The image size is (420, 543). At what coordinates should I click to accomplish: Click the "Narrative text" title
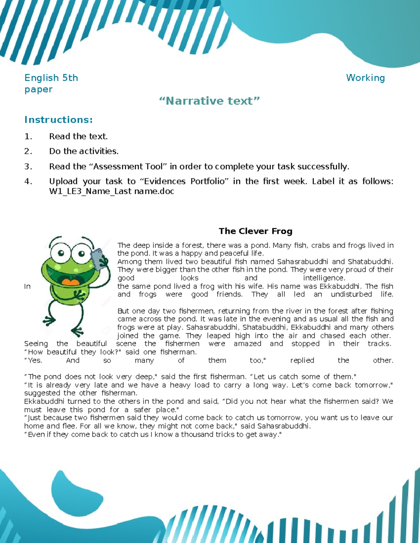pyautogui.click(x=209, y=101)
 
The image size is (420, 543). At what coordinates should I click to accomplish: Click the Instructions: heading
pyautogui.click(x=58, y=120)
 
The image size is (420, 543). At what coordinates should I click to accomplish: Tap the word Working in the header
pyautogui.click(x=365, y=78)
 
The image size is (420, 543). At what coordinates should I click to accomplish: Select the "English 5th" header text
pyautogui.click(x=51, y=78)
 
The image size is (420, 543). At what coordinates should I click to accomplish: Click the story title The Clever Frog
pyautogui.click(x=255, y=231)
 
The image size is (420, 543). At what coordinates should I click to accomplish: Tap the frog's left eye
pyautogui.click(x=60, y=252)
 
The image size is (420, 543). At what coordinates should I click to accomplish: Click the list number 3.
pyautogui.click(x=28, y=167)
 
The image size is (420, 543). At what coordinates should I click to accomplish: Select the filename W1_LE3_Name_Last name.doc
pyautogui.click(x=112, y=192)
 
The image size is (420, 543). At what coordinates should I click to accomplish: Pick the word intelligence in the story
pyautogui.click(x=324, y=278)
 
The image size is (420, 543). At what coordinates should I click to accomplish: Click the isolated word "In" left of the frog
pyautogui.click(x=27, y=287)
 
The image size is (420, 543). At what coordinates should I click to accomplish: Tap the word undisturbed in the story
pyautogui.click(x=351, y=294)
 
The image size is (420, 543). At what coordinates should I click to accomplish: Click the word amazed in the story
pyautogui.click(x=247, y=344)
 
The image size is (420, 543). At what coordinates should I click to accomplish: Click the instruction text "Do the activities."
pyautogui.click(x=84, y=151)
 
